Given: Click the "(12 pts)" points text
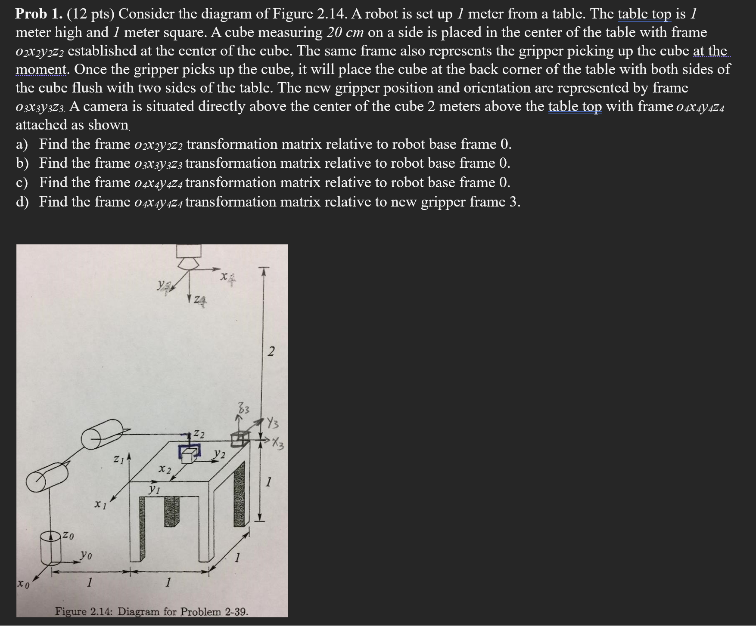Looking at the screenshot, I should (90, 14).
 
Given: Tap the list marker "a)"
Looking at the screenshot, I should (22, 144).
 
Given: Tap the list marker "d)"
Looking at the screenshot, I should (22, 202).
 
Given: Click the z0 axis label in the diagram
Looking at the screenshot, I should (68, 536).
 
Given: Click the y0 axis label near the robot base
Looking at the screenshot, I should (86, 555).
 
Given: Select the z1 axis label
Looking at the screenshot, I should (118, 459).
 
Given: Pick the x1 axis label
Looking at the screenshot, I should (100, 504).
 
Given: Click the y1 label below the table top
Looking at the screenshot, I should (154, 489).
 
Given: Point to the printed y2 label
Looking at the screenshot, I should (220, 454).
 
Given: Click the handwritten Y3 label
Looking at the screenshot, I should (272, 423).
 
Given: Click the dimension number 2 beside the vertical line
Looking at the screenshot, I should (271, 352).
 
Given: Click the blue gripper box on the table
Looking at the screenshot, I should (190, 452).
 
